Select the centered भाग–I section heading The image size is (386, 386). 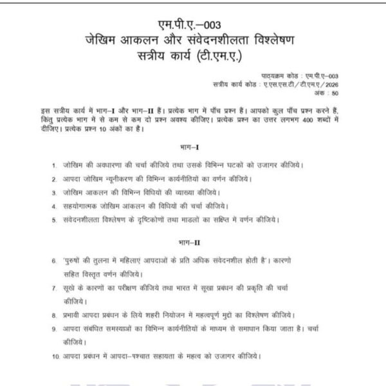coord(193,147)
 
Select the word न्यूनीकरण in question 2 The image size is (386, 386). coord(129,178)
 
